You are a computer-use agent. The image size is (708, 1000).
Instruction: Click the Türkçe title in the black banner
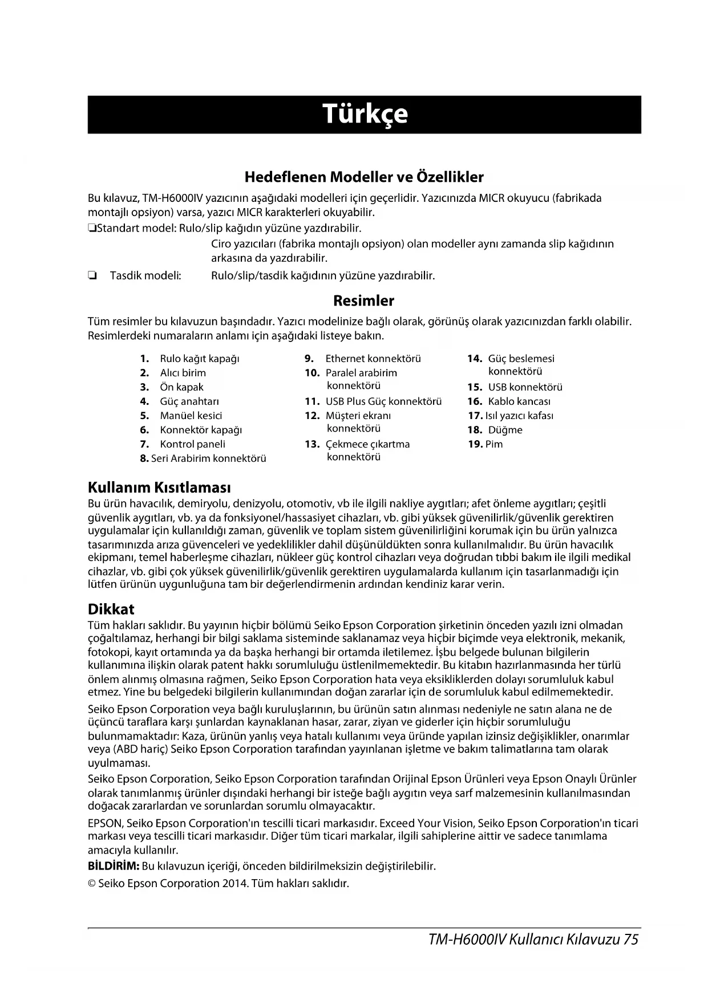365,114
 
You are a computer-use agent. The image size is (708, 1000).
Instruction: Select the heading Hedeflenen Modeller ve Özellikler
364,177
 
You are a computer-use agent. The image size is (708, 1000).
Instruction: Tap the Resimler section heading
363,301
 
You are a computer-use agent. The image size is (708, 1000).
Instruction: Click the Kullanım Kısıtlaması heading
159,488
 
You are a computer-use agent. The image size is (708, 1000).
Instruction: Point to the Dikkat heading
111,609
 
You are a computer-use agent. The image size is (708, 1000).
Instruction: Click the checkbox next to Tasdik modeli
91,277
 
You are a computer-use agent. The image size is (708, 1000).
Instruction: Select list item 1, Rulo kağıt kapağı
199,359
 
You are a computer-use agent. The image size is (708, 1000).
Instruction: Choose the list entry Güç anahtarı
189,402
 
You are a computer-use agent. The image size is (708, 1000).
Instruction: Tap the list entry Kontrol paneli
192,445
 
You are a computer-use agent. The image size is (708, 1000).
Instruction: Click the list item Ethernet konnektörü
373,359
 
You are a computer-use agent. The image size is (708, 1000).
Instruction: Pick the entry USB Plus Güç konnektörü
383,402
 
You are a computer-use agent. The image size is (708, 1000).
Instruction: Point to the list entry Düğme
505,430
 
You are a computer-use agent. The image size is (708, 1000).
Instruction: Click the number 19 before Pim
475,445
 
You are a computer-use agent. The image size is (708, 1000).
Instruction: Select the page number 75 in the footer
630,940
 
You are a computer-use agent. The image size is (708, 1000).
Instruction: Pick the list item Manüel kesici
191,416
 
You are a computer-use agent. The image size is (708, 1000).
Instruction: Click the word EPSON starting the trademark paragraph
105,824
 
